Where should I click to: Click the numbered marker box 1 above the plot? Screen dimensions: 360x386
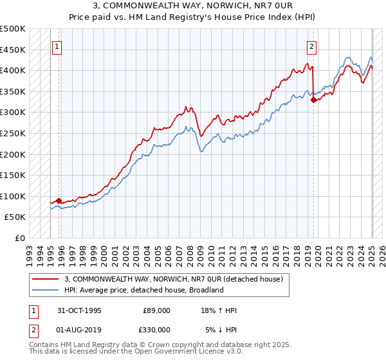[57, 46]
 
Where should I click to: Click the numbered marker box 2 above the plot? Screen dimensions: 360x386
[311, 46]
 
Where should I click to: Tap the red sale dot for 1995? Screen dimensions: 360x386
[59, 201]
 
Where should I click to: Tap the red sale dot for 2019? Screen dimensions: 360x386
[313, 100]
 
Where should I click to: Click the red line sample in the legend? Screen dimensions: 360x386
[45, 279]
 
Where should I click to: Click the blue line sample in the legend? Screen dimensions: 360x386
[45, 290]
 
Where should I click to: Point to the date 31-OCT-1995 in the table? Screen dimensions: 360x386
[79, 310]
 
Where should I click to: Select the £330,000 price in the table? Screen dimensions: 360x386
[156, 329]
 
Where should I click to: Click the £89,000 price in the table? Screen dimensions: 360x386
[156, 310]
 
